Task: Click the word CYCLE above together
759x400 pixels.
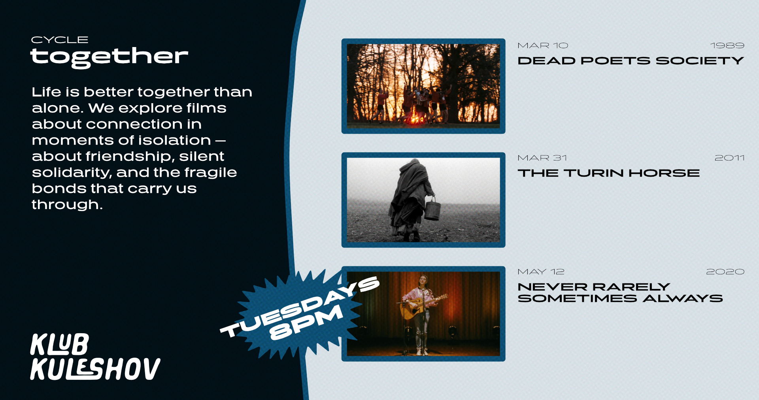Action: coord(60,40)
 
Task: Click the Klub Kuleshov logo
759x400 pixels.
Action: coord(95,357)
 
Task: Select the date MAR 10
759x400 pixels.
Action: coord(543,46)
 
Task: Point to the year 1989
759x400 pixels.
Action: coord(727,46)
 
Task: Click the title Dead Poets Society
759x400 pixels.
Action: coord(631,61)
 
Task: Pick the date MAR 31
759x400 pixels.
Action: coord(542,158)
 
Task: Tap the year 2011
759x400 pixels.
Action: coord(730,158)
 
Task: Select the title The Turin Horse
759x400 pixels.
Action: coord(609,173)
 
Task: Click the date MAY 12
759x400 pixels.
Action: coord(541,272)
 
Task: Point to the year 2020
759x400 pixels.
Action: coord(725,272)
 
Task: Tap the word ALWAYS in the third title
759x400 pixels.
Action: coord(683,298)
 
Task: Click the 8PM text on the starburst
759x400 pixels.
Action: coord(306,323)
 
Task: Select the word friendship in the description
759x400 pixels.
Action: coord(130,157)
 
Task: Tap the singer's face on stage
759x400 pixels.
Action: coord(423,280)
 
